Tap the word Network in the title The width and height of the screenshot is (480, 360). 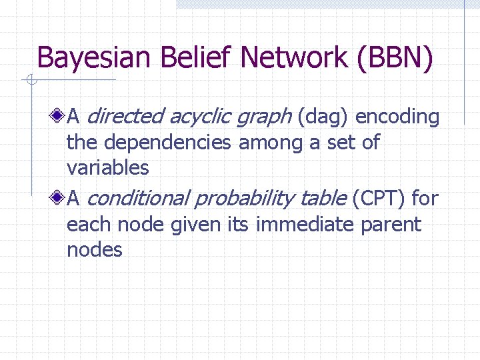pos(294,58)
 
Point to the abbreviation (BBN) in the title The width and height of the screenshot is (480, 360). pos(395,58)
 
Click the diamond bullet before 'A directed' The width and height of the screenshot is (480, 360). pos(59,117)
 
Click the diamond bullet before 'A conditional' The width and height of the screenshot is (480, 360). pos(59,199)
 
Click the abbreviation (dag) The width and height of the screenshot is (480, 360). pos(323,118)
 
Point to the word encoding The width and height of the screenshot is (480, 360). pos(397,118)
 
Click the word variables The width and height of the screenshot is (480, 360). pos(107,167)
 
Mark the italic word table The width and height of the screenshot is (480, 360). pos(323,199)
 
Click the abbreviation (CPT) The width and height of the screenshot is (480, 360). pos(378,199)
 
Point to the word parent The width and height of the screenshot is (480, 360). pos(391,225)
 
